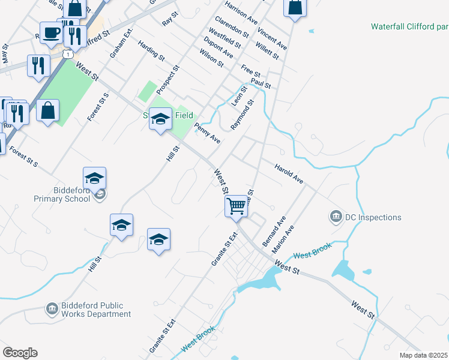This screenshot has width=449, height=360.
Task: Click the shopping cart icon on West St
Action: [237, 206]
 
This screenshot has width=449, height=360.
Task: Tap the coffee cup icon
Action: [50, 32]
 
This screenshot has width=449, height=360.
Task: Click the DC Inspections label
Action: [373, 217]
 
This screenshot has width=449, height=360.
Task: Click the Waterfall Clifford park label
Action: [409, 26]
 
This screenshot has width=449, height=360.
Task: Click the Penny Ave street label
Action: [207, 133]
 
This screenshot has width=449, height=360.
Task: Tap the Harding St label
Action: [151, 50]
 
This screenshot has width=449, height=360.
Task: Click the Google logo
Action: [20, 353]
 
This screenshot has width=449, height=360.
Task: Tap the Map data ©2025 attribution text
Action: [424, 355]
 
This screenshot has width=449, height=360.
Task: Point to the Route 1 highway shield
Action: [70, 54]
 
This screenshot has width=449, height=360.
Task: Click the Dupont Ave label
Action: [218, 46]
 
